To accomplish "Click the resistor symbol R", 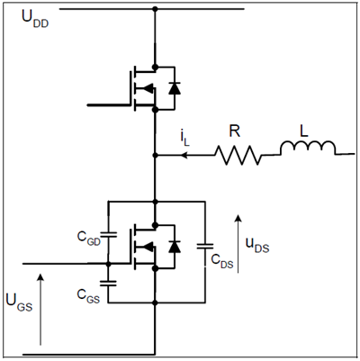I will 238,156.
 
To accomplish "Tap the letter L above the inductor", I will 304,131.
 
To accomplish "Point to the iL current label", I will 187,140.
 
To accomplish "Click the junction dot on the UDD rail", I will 157,9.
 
